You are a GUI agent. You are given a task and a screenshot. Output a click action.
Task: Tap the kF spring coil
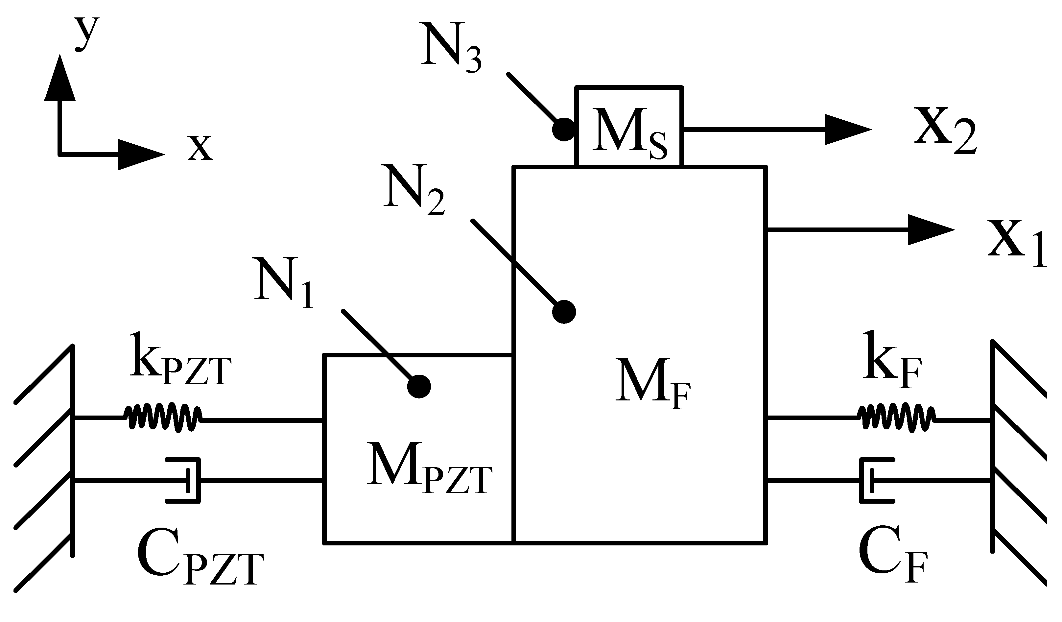[x=897, y=418]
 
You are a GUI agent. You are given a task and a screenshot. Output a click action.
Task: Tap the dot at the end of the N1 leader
[x=419, y=386]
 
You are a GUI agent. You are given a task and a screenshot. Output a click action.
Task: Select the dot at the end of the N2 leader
[x=564, y=312]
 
